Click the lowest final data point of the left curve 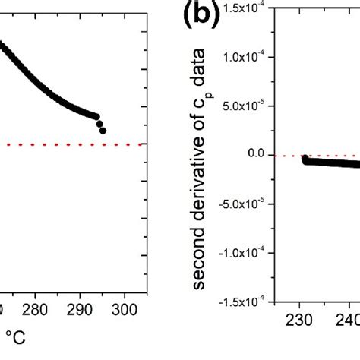coord(103,131)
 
